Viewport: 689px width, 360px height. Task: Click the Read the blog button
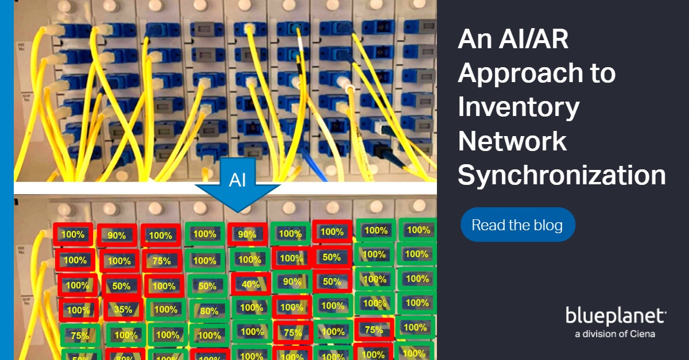[517, 225]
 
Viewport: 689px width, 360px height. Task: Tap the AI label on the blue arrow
[238, 180]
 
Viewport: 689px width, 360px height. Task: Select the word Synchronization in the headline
[562, 176]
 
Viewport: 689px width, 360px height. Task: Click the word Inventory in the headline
[518, 107]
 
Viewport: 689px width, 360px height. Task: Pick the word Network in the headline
[512, 142]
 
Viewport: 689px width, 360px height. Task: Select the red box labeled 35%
[123, 309]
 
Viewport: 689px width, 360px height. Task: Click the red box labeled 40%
[251, 284]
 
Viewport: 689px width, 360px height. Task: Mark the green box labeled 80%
[209, 311]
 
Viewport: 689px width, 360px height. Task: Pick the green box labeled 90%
[292, 282]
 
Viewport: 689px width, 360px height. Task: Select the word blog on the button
[547, 225]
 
